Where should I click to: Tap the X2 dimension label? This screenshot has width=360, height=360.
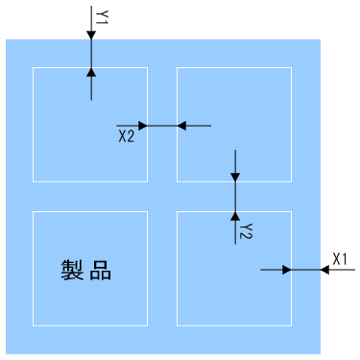126,137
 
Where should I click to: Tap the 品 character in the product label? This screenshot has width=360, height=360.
101,271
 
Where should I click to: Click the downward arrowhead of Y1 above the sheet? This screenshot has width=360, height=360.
91,35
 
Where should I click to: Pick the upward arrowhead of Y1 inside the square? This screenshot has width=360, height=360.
91,72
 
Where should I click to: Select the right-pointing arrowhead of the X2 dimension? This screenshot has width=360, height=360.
142,125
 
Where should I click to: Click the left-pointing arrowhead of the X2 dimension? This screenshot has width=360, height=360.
182,125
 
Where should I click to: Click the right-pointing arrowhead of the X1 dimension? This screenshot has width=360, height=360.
286,270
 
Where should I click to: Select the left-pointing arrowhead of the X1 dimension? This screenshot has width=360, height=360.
324,270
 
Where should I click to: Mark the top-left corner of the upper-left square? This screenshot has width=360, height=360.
34,67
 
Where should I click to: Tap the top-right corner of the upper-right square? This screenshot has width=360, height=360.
291,67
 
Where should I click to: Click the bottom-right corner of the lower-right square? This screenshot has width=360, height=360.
291,324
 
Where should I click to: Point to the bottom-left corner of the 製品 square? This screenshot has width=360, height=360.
34,324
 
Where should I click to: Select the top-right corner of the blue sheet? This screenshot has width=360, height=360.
320,39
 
